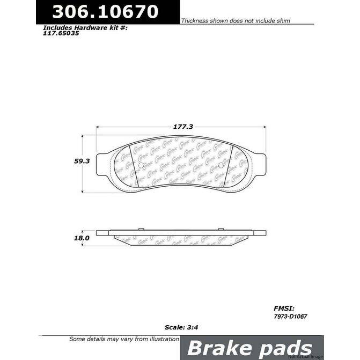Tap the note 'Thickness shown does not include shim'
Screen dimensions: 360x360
(x=236, y=20)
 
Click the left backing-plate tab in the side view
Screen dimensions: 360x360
(x=103, y=233)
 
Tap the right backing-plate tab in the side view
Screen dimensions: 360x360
(x=260, y=233)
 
